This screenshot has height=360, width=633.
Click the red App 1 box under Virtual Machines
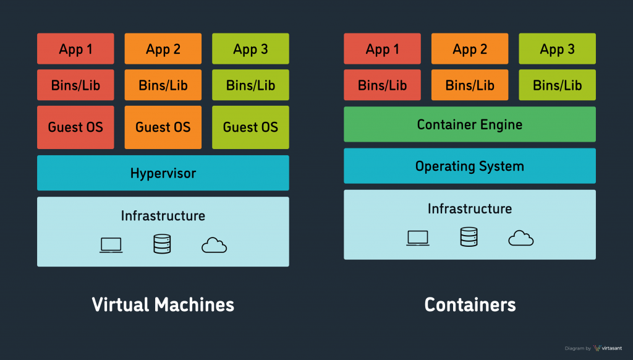[x=75, y=49]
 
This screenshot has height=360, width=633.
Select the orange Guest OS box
[x=163, y=127]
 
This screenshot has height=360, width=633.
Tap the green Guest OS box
[x=250, y=127]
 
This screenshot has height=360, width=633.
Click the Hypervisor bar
[x=163, y=173]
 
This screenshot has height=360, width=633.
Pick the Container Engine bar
[x=469, y=124]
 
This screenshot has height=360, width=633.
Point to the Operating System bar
[x=469, y=166]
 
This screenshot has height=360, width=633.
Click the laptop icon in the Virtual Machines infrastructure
[x=111, y=245]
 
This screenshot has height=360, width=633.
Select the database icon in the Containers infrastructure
[x=469, y=237]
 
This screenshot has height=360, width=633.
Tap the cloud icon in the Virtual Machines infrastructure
[x=214, y=246]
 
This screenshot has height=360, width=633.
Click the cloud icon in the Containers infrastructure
[x=520, y=238]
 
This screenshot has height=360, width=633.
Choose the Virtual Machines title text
[x=163, y=304]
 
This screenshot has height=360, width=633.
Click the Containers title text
[x=470, y=304]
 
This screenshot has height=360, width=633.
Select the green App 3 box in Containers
[x=557, y=49]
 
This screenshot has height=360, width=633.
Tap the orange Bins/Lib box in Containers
[x=469, y=85]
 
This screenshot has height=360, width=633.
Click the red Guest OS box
[x=75, y=127]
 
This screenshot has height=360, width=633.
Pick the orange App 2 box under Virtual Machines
[x=163, y=49]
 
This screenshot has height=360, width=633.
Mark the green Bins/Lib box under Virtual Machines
[x=250, y=85]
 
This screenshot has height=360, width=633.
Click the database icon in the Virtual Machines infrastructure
[x=162, y=244]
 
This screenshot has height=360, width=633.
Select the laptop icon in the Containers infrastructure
[x=418, y=238]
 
